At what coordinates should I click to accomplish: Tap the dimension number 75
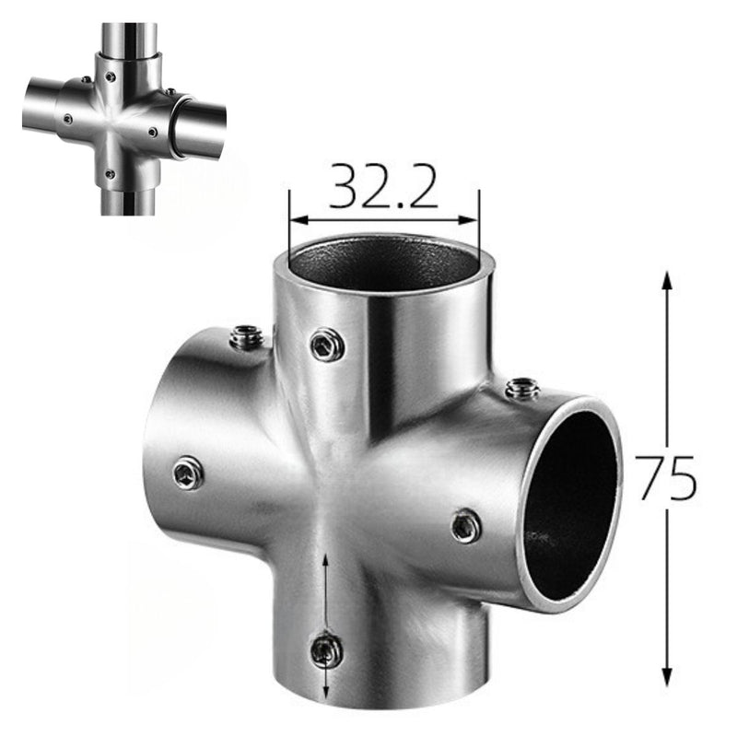click(666, 477)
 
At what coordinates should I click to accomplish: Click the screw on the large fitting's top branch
click(326, 345)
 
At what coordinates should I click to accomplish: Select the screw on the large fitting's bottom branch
click(326, 651)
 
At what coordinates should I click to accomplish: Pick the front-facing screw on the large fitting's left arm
click(188, 474)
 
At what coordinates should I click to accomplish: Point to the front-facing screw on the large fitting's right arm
click(466, 526)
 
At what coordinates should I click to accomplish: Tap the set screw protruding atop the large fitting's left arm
click(246, 337)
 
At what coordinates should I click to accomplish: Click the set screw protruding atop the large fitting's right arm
click(522, 388)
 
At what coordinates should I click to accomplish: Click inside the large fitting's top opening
click(384, 268)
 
